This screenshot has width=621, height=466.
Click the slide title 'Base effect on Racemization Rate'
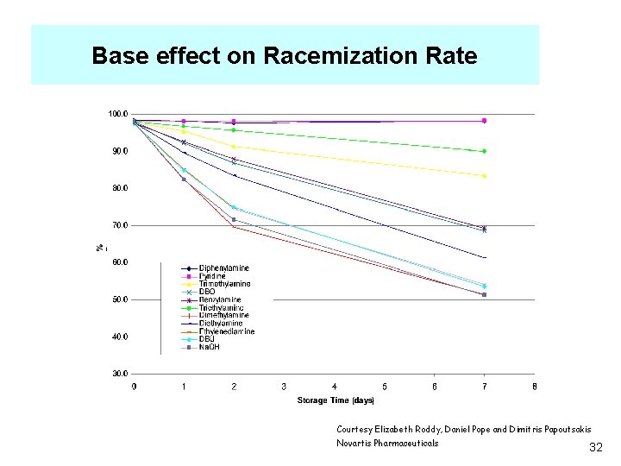[x=284, y=56]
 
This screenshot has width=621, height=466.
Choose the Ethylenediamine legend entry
[x=227, y=331]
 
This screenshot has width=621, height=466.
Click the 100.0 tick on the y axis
[x=117, y=114]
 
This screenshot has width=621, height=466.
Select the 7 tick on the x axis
[x=485, y=387]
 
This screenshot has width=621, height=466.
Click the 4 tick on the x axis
[x=335, y=387]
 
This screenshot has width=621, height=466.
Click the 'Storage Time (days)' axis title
[x=336, y=400]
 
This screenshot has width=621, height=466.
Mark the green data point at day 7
[x=485, y=151]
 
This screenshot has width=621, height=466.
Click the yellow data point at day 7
[x=485, y=176]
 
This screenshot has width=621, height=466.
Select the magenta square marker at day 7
[x=485, y=121]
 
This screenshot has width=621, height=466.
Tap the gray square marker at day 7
[x=485, y=295]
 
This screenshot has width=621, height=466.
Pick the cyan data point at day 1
[x=184, y=170]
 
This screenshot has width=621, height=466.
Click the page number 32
[x=595, y=448]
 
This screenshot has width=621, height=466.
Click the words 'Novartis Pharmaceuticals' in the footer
[x=387, y=444]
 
